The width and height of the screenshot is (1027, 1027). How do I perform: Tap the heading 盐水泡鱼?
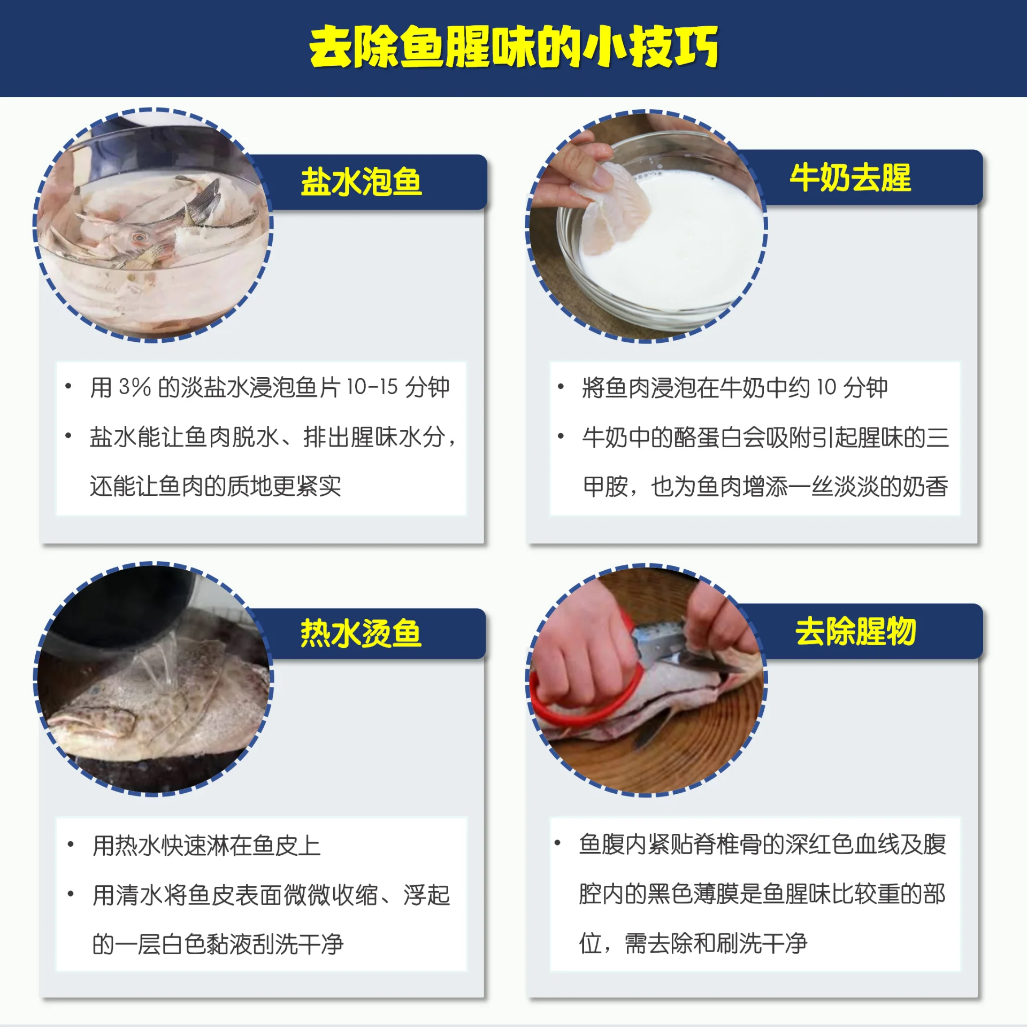[361, 182]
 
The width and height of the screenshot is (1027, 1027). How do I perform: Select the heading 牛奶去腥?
[850, 178]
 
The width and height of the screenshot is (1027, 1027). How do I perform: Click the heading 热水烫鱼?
[361, 634]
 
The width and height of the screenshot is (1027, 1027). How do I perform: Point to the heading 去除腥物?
[856, 631]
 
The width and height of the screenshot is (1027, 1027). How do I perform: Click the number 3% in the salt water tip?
[135, 387]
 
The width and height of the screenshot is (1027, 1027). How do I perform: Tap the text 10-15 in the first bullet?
[372, 387]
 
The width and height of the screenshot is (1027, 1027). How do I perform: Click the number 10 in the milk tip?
[826, 387]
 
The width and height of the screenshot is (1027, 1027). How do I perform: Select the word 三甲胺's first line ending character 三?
[938, 437]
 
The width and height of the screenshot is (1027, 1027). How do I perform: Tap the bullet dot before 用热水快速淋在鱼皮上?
[70, 845]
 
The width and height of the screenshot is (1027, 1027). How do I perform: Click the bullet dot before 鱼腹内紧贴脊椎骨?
[557, 843]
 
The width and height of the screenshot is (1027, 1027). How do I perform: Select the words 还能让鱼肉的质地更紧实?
[215, 486]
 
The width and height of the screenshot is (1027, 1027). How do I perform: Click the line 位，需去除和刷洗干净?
[693, 943]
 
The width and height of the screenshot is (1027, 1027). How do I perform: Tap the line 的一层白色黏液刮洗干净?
[218, 944]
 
